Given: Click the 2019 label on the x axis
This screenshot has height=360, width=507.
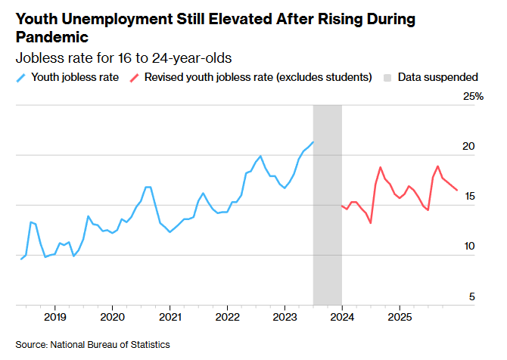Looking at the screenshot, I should coord(54,316).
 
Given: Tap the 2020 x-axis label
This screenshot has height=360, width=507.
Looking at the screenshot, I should coord(112,316).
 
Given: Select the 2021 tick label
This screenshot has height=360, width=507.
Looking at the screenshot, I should coord(170,316).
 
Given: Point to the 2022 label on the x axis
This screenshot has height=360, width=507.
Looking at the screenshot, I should coord(227,316).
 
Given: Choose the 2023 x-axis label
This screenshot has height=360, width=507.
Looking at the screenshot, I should coord(285,316).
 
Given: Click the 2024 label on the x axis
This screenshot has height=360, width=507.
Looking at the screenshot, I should coord(342,316).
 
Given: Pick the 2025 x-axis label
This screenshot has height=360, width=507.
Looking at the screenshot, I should coord(400,316).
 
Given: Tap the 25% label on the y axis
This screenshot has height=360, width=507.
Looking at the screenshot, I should coord(473,97).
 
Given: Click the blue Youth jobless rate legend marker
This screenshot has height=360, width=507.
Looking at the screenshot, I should coord(20,77).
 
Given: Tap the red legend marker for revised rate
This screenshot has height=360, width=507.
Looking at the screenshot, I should coord(134,77).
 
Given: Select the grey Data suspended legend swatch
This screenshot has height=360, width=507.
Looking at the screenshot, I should coord(388,77).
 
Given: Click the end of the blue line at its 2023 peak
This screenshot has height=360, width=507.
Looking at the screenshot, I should coord(313,142).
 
